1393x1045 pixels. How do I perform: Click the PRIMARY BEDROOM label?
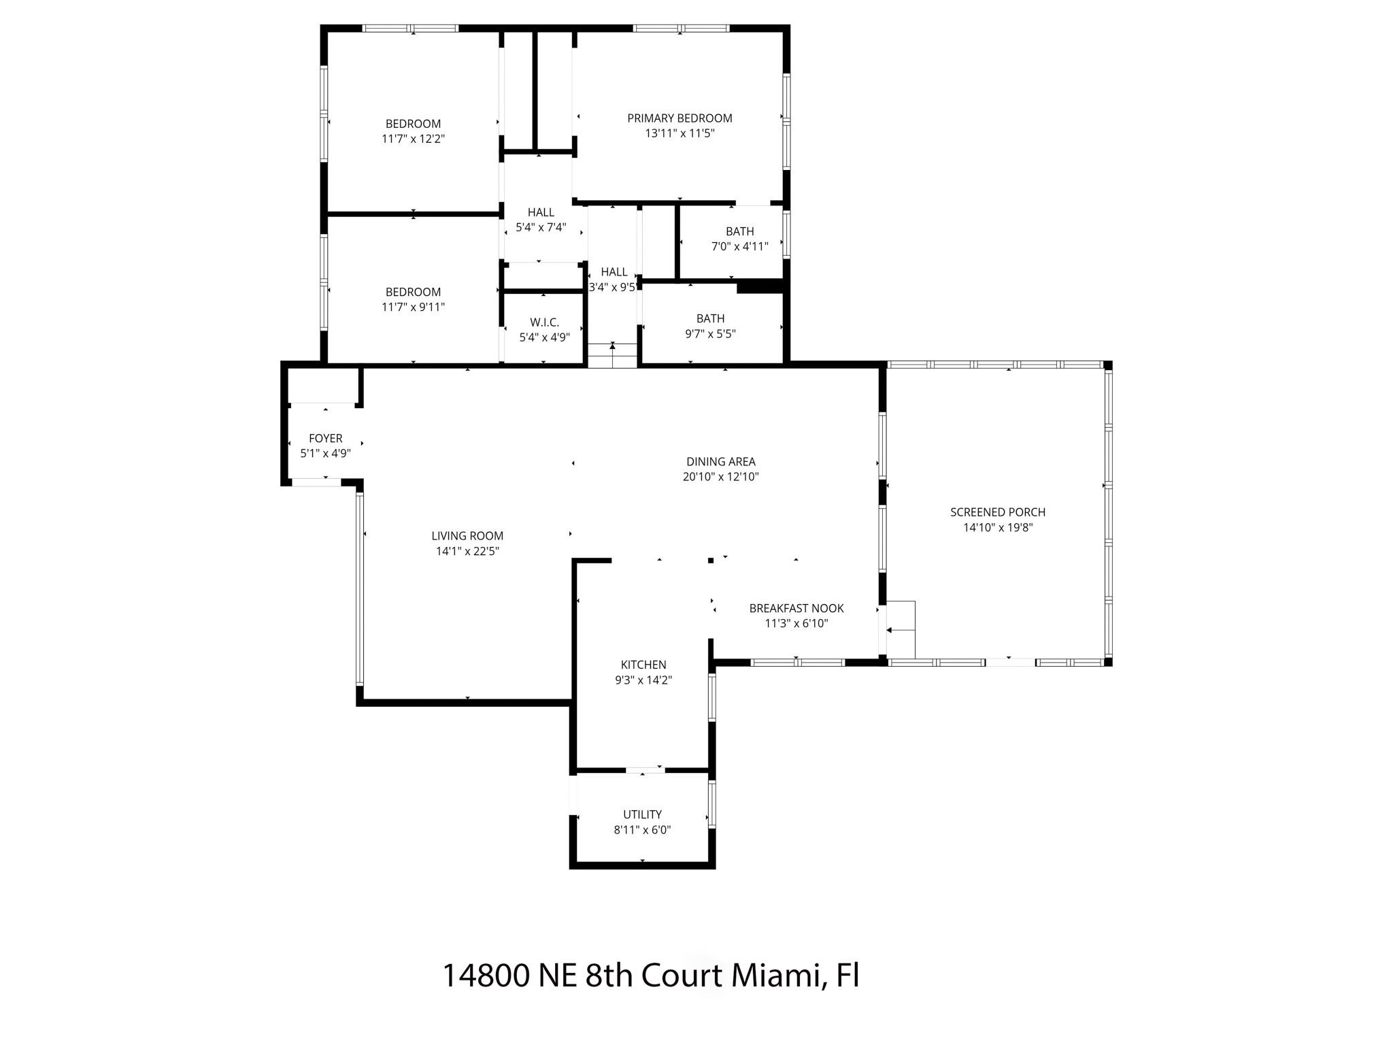679,118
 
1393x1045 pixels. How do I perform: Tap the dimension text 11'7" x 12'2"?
413,139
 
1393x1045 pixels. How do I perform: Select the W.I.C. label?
544,322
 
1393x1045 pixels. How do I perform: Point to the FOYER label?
325,438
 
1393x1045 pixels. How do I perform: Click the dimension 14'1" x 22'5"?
467,551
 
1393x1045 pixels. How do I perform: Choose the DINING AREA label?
720,461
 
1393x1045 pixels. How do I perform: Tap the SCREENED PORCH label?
998,512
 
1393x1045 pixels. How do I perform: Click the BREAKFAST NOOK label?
796,608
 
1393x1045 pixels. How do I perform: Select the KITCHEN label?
643,664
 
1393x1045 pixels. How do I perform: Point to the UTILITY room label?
642,814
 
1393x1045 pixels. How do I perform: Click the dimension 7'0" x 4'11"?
739,246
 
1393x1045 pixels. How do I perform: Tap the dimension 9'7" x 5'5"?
710,333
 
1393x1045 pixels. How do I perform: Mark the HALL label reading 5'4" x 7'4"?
541,212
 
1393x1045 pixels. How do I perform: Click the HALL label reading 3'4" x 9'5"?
614,271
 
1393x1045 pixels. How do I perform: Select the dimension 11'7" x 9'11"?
413,307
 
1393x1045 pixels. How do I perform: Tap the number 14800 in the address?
486,976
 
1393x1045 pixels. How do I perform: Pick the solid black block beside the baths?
760,287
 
